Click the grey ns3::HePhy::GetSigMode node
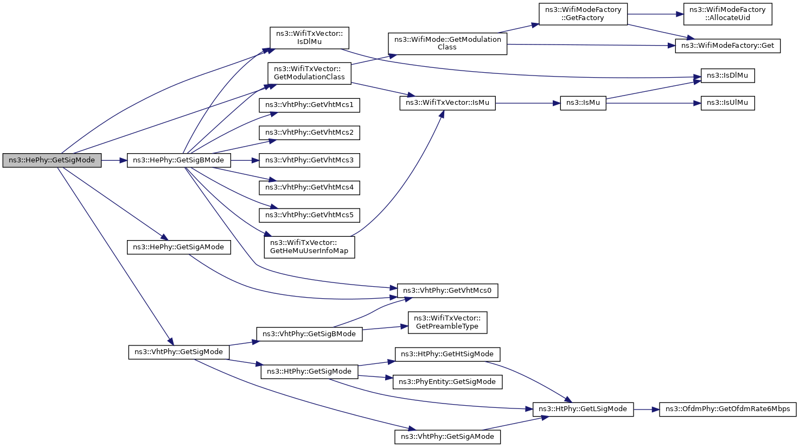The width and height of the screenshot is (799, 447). tap(52, 160)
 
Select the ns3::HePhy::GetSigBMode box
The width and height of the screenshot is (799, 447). tap(178, 160)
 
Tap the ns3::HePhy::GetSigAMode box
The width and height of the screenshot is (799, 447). tap(178, 247)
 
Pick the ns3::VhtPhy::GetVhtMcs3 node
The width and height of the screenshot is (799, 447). tap(309, 160)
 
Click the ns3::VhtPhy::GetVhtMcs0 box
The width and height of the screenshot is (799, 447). tap(448, 291)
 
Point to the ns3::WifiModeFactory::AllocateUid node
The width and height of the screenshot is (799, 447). tap(727, 14)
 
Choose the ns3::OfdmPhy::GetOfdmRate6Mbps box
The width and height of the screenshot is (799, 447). tap(727, 409)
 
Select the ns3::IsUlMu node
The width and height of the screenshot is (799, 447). tap(727, 103)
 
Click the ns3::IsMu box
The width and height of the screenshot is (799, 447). tap(583, 103)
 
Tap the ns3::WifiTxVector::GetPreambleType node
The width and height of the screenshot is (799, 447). tap(448, 323)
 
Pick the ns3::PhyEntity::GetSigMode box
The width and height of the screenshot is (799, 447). tap(448, 382)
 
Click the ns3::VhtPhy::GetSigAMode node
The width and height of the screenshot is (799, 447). tap(448, 437)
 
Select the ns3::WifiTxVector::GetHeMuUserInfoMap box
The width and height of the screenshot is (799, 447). tap(309, 247)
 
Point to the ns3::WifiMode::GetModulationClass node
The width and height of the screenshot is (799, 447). tap(448, 43)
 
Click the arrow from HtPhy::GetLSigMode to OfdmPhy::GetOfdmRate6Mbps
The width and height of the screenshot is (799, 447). tap(647, 410)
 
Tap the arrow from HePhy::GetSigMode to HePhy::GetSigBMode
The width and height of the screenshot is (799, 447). tap(114, 161)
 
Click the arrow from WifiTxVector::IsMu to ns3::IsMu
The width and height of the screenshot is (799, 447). tap(528, 103)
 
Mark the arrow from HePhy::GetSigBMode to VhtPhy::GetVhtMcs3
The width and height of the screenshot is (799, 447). tap(245, 161)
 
